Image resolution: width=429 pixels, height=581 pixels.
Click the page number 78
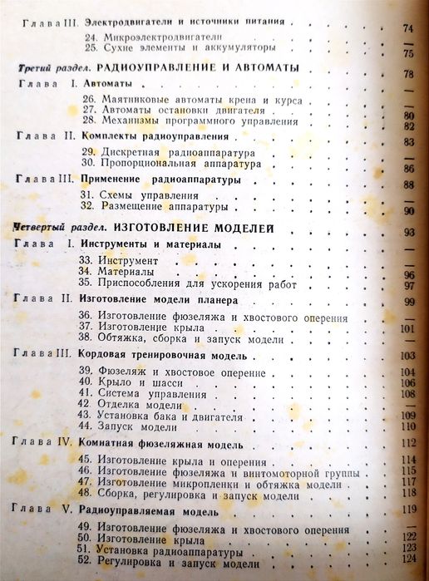click(408, 74)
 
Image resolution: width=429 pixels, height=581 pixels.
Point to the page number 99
click(408, 301)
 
